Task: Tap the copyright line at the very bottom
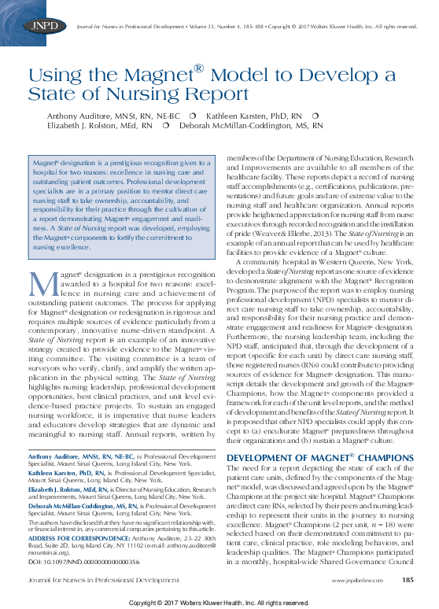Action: point(219,602)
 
